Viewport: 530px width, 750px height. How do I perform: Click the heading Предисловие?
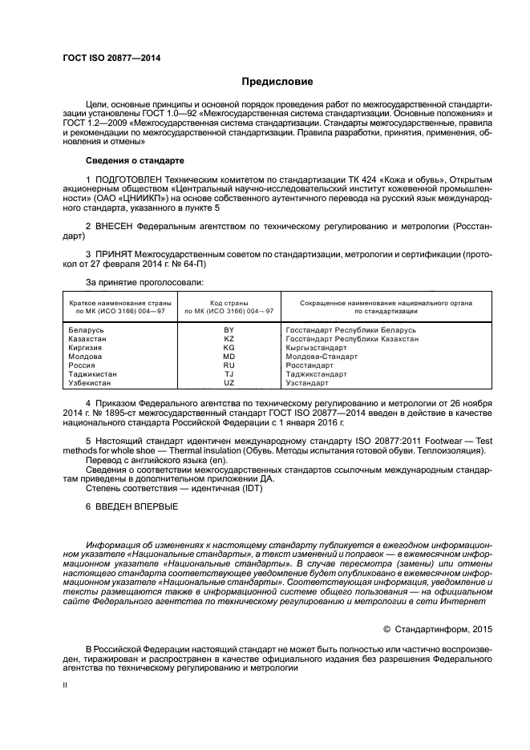coord(277,82)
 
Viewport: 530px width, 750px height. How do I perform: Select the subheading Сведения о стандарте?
coord(130,160)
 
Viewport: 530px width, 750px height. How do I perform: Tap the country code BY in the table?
coord(229,330)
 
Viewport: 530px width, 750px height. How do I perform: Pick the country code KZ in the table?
coord(229,339)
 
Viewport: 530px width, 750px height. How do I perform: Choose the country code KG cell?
coord(229,348)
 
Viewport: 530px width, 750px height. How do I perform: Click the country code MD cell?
coord(229,357)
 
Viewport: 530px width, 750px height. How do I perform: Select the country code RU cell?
coord(229,365)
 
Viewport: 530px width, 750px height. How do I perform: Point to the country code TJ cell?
coord(229,374)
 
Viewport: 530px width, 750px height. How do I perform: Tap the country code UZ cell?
coord(229,383)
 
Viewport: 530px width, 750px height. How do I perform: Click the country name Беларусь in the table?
coord(87,330)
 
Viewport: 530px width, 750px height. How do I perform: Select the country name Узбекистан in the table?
coord(91,383)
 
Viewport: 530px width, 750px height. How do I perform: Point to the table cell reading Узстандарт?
coord(308,383)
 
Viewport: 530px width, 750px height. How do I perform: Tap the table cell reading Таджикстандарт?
coord(316,374)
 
